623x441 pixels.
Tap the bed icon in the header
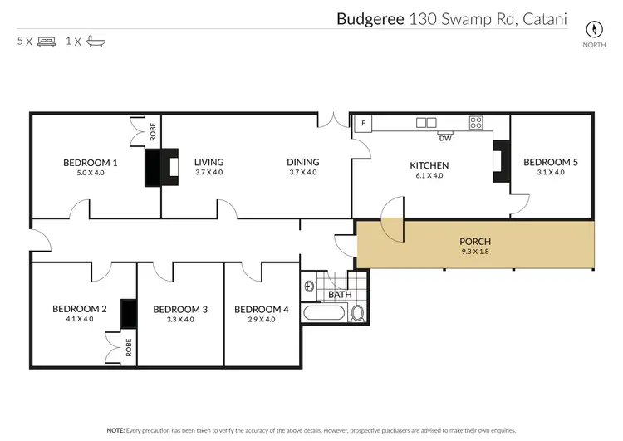pos(47,41)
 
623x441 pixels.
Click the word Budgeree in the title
pos(370,18)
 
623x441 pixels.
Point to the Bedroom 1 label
pos(90,163)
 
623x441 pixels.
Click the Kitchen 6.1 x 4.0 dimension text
pos(429,176)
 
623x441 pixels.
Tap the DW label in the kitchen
pos(444,138)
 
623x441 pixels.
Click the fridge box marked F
pos(363,124)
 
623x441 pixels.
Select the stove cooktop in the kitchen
pos(477,123)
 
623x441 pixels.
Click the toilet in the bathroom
pos(358,313)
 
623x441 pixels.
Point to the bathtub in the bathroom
pos(326,314)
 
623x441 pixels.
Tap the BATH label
pos(340,294)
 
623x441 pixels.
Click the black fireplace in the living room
pos(163,168)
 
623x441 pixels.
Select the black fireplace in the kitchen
pos(500,160)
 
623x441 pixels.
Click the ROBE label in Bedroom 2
pos(129,347)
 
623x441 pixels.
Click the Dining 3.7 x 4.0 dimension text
pos(303,173)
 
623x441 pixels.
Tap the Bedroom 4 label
pos(261,309)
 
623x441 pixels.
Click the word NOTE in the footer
pos(115,430)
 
